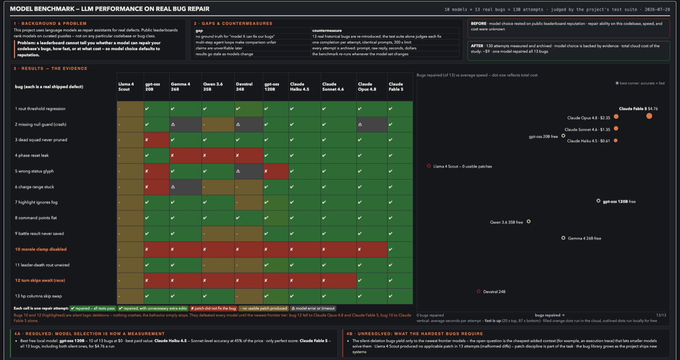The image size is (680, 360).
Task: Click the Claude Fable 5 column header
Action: [x=396, y=87]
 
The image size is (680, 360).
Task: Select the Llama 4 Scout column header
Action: [x=126, y=87]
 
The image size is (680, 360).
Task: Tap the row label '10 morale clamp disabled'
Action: [x=41, y=249]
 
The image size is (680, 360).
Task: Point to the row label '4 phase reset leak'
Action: [x=32, y=156]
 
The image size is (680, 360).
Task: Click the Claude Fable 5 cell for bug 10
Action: [x=400, y=249]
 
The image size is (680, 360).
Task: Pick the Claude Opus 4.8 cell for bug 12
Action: [x=372, y=281]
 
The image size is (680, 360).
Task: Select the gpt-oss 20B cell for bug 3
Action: [x=157, y=140]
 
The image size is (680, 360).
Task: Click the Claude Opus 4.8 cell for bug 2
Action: [x=372, y=124]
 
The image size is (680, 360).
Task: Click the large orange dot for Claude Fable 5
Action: [x=649, y=116]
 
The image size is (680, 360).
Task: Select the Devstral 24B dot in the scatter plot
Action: [x=478, y=292]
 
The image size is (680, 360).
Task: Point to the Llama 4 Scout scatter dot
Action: [x=429, y=166]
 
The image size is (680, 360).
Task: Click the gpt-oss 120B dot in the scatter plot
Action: [x=598, y=201]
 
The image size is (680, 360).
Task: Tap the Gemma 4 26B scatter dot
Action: [x=563, y=238]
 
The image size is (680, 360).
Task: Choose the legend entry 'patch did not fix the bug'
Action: [x=213, y=308]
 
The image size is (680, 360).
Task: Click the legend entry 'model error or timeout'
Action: [x=313, y=308]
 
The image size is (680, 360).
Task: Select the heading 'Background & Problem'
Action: [x=54, y=24]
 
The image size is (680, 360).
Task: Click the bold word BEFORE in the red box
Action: [x=478, y=24]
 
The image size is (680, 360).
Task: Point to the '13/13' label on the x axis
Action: [x=661, y=315]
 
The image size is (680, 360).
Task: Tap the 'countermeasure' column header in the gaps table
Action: [x=327, y=30]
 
